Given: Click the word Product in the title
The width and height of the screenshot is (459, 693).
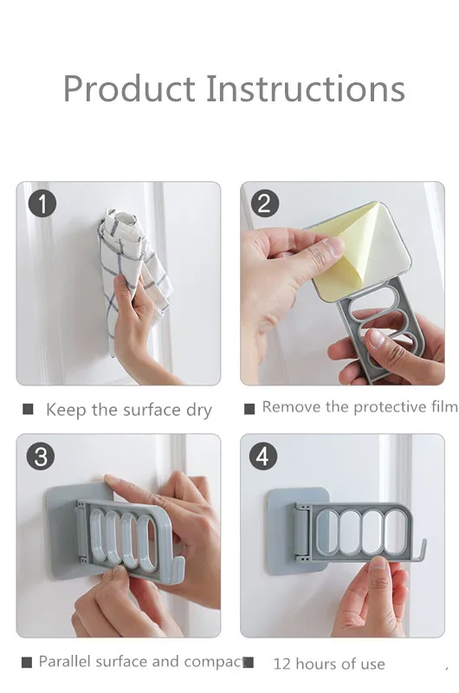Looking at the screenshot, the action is [x=129, y=88].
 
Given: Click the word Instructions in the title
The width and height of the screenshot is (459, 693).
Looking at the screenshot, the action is [x=305, y=88].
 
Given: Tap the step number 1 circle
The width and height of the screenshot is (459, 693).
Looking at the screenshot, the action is [x=42, y=204].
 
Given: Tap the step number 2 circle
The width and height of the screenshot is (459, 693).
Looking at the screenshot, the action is [x=264, y=204].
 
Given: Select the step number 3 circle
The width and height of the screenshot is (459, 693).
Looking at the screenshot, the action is [x=41, y=457].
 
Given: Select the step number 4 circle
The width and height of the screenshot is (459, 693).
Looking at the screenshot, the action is [x=263, y=457].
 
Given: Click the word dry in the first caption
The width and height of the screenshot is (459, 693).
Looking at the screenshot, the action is [x=199, y=411].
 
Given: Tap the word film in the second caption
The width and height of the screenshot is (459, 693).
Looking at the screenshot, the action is [x=444, y=406].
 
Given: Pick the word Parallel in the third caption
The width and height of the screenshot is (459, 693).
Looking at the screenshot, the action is [x=64, y=661].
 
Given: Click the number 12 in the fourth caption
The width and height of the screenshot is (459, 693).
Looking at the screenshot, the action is [x=281, y=664].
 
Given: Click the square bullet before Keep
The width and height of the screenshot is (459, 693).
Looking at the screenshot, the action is [x=28, y=409].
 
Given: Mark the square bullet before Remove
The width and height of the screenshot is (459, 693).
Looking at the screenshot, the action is [x=249, y=409].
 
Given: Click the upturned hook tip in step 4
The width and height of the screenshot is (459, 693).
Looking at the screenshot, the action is [x=423, y=541].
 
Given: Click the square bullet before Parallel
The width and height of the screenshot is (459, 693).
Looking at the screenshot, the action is [x=27, y=663].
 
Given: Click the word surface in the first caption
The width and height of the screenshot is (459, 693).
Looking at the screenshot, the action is [x=152, y=410].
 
